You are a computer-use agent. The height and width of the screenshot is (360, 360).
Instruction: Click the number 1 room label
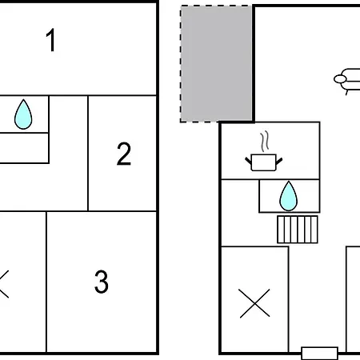[x=51, y=41]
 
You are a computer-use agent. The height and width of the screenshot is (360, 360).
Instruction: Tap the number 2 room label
[x=123, y=154]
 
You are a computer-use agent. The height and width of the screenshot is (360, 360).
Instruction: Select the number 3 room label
[x=101, y=282]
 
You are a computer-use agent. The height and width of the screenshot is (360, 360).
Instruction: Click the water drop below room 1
[x=24, y=115]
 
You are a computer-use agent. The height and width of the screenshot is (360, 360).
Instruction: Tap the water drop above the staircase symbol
[x=288, y=195]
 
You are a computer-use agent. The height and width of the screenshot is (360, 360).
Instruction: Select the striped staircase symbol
[x=298, y=229]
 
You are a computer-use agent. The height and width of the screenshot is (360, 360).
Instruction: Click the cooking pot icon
[x=263, y=162]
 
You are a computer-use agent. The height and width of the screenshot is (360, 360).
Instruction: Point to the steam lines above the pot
[x=263, y=142]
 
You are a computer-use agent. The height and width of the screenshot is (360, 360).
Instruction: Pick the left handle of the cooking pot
[x=248, y=160]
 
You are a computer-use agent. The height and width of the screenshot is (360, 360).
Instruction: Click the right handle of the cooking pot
[x=279, y=160]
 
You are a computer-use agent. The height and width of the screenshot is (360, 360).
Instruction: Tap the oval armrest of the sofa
[x=342, y=78]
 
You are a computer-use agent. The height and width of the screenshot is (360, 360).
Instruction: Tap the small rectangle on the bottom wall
[x=319, y=353]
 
